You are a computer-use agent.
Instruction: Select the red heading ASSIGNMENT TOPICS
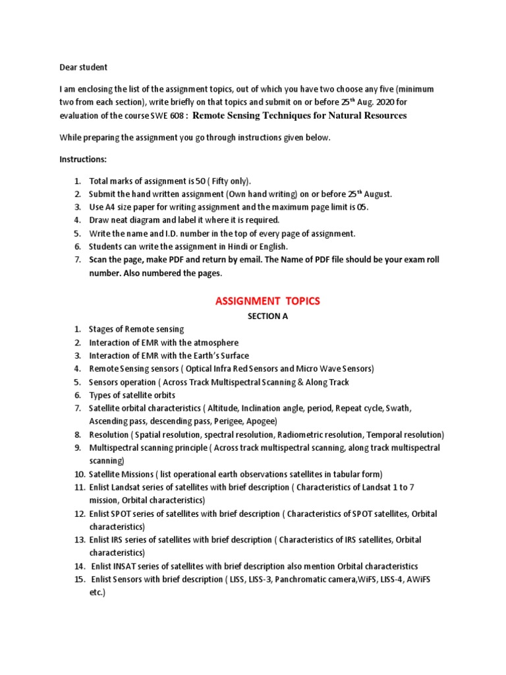click(x=267, y=301)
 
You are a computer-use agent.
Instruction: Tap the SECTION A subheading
click(x=267, y=316)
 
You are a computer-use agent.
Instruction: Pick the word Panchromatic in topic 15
click(x=281, y=579)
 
